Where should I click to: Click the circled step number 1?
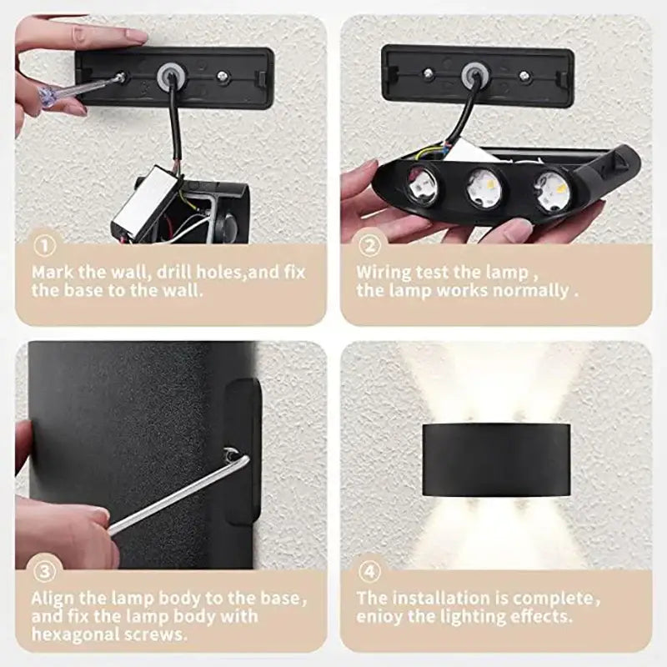click(45, 247)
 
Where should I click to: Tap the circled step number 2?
click(369, 247)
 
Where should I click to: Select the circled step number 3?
click(45, 572)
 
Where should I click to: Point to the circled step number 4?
click(369, 572)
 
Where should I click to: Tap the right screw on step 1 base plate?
click(223, 76)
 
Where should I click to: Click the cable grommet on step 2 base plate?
click(476, 76)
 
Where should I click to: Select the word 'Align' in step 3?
click(54, 598)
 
